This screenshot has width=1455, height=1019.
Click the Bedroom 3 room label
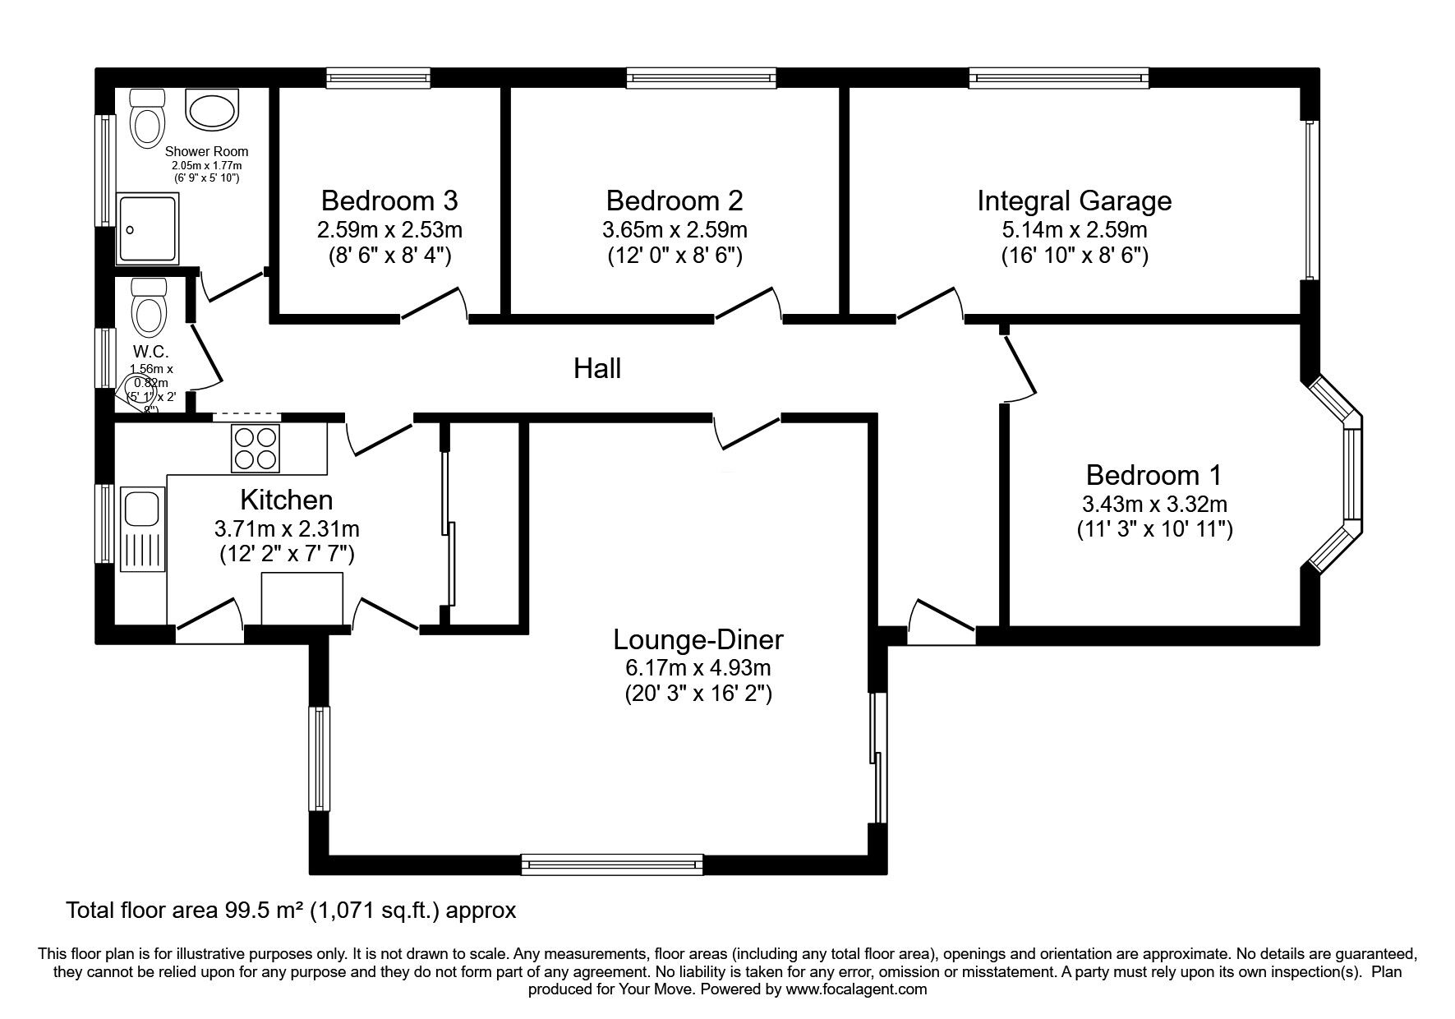coord(389,201)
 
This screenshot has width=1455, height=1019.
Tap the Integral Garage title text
coord(1074,201)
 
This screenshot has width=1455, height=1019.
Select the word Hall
coord(597,368)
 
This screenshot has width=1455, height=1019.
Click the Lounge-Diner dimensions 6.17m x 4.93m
coord(698,667)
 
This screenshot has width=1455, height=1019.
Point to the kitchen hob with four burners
coord(256,448)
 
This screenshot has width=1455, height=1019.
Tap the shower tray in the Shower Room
coord(148,229)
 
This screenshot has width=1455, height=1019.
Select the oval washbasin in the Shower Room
coord(212,109)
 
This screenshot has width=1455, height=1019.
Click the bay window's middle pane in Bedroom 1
coord(1352,474)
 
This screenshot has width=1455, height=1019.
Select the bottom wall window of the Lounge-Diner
coord(612,864)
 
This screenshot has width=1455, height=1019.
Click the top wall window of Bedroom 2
coord(701,78)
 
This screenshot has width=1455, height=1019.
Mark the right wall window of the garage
coord(1310,201)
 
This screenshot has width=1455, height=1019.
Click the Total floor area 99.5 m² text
coord(291,911)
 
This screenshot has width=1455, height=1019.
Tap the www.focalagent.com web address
coord(855,989)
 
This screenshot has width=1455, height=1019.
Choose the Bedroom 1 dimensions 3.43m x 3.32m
coord(1154,503)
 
